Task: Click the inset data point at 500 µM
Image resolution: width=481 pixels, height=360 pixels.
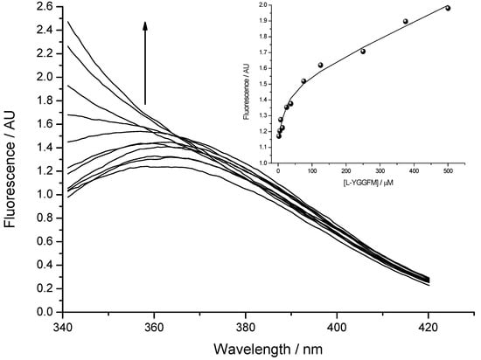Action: (448, 8)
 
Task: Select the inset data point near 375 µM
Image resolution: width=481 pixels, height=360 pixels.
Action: (406, 21)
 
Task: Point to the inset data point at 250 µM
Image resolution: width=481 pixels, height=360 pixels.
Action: (363, 51)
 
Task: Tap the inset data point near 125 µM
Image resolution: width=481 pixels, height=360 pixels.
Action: (320, 65)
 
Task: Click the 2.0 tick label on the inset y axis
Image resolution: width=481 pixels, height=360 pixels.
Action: (264, 4)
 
